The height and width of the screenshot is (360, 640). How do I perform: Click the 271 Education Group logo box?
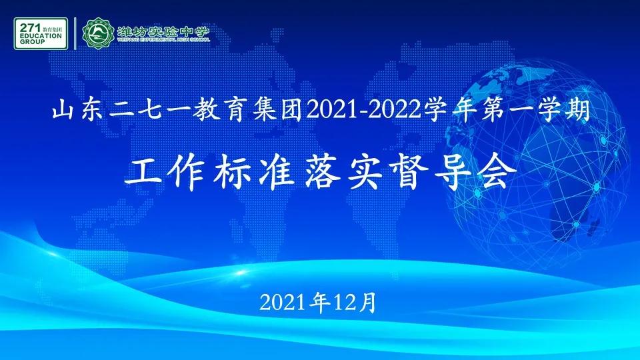(41, 33)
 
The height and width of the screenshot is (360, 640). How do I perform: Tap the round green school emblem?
(98, 33)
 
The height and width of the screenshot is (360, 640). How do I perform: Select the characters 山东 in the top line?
(77, 111)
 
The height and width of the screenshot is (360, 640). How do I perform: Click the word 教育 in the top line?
(218, 111)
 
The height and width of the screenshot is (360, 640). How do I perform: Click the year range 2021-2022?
(364, 111)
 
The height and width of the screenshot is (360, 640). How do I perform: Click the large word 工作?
(166, 173)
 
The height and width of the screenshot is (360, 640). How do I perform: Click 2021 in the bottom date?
(283, 303)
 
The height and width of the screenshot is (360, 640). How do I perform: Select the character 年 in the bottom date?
(321, 303)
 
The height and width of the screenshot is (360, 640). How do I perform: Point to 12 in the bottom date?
(344, 303)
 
